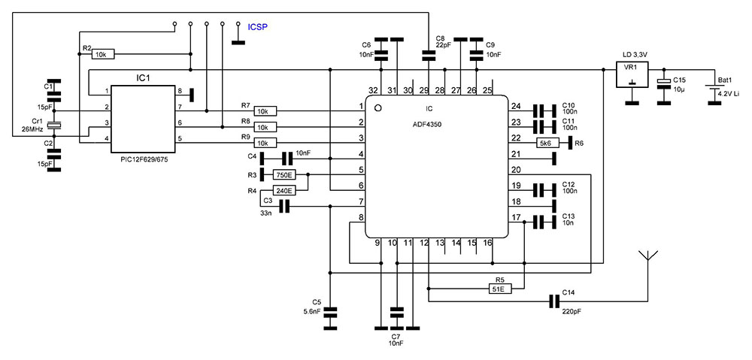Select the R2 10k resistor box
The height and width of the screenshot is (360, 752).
103,54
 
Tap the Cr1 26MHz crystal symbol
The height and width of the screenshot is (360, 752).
53,126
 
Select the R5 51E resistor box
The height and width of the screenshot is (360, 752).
497,288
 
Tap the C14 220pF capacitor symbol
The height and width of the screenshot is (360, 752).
553,301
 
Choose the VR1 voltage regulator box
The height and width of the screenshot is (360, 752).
632,74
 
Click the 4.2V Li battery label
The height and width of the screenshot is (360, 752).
728,93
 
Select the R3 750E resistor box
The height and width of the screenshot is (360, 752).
283,175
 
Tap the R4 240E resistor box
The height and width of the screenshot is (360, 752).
283,191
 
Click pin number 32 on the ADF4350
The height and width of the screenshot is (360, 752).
373,90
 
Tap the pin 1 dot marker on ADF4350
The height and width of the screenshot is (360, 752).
378,109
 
